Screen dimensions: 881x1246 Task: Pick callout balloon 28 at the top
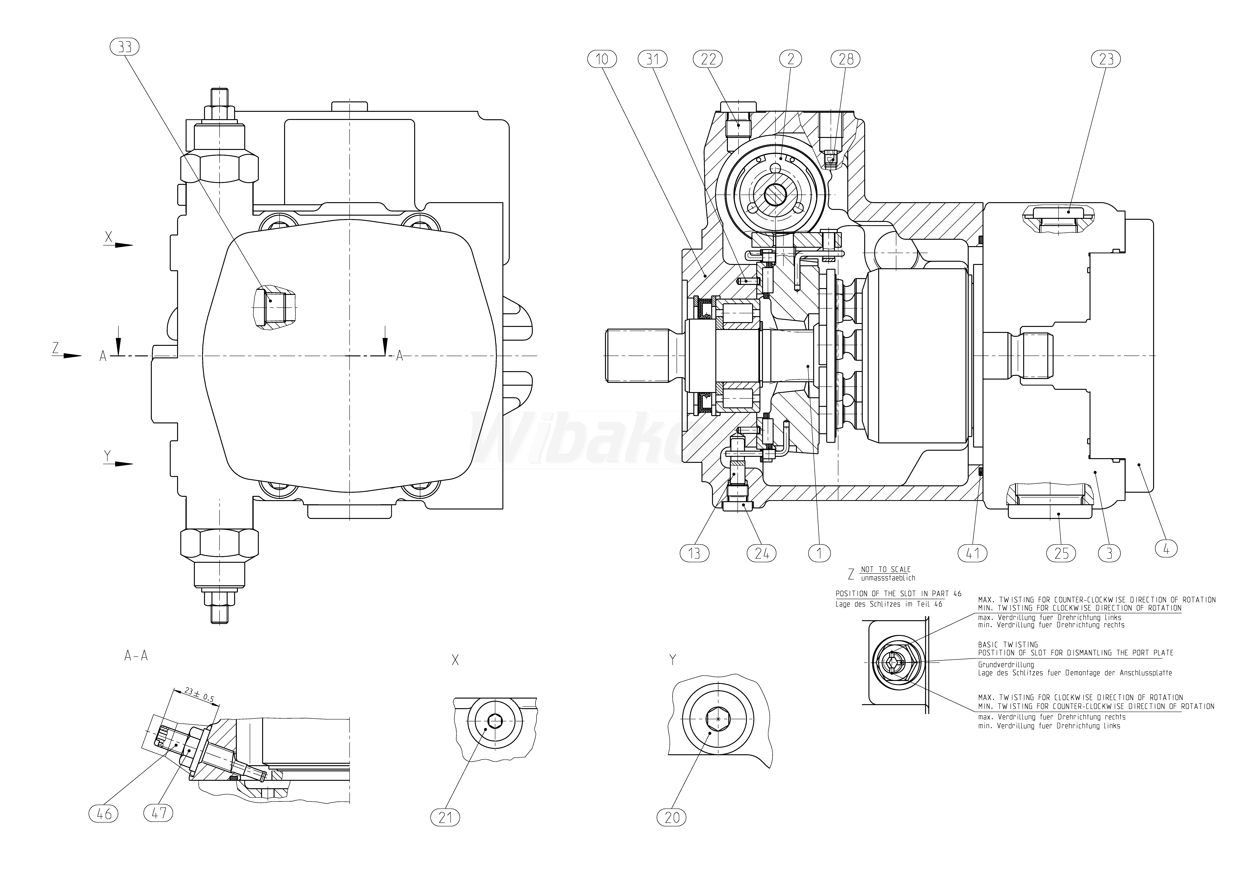[x=846, y=59]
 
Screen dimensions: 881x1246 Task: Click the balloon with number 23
[x=1106, y=59]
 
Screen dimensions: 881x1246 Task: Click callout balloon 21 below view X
[x=445, y=817]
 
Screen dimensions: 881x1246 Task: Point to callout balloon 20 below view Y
[x=672, y=817]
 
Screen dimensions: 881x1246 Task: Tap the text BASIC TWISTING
[x=1008, y=644]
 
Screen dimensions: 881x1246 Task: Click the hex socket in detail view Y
[x=718, y=719]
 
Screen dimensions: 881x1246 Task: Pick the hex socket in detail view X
[x=495, y=721]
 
